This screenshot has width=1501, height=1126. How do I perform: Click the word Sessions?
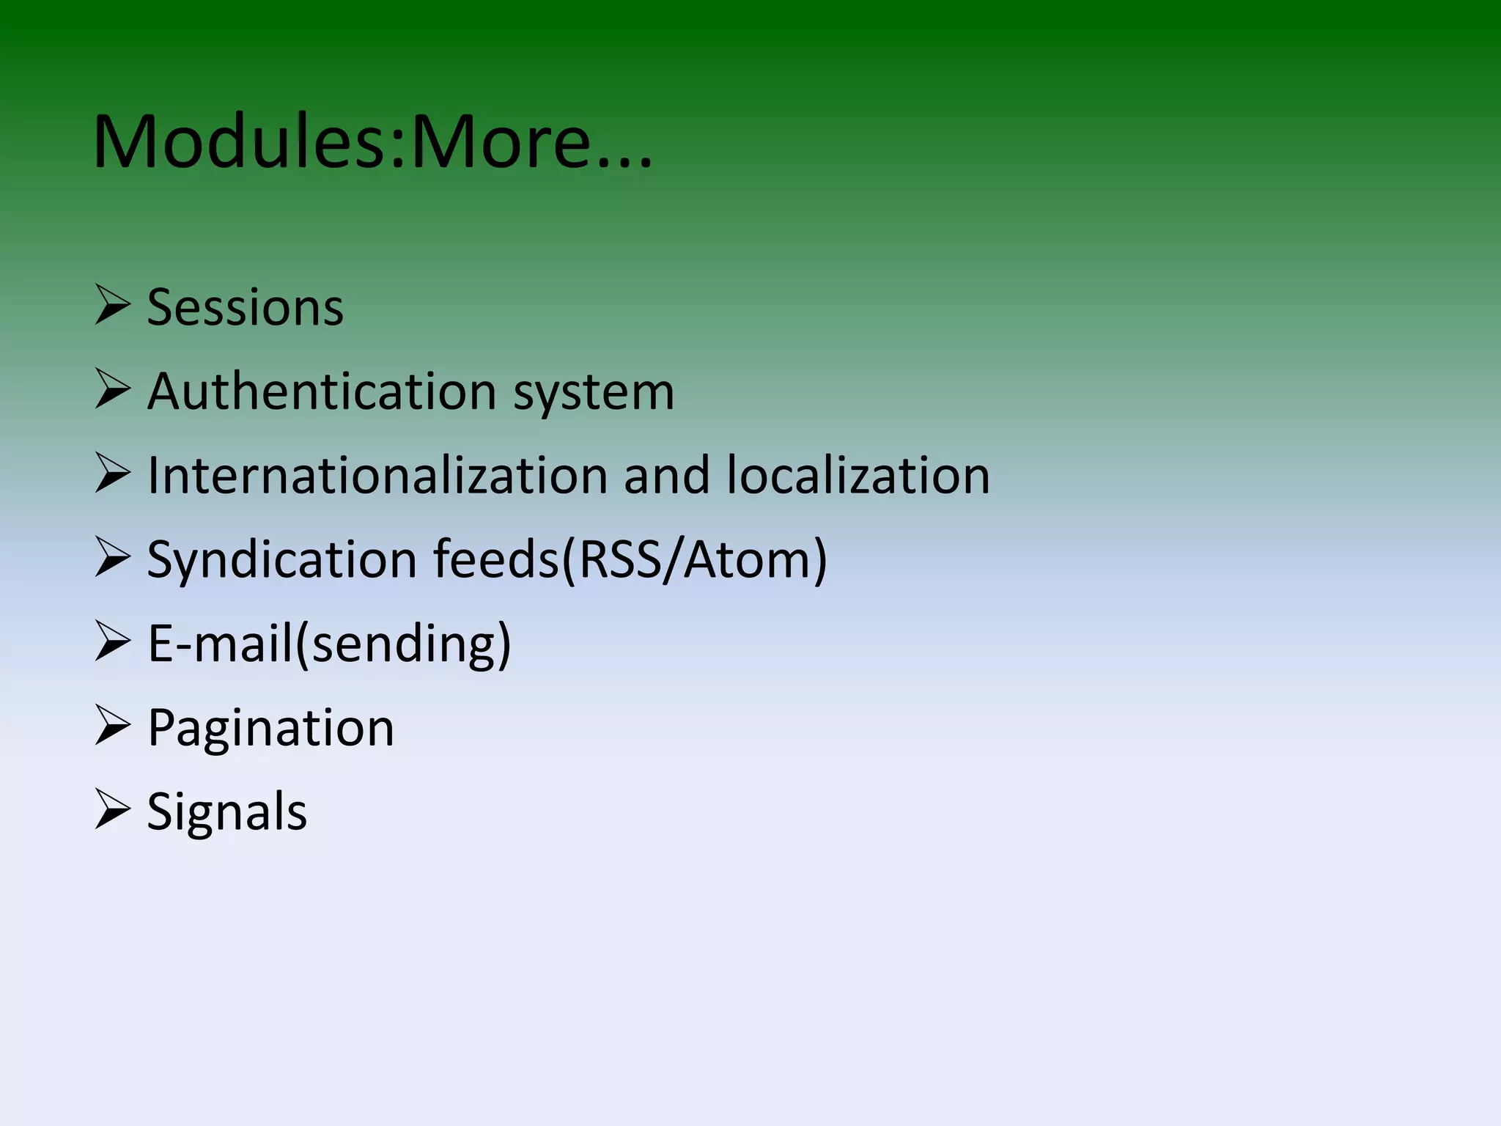point(245,307)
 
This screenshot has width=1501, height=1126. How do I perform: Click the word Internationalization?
point(377,475)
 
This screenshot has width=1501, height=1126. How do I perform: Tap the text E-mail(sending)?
point(328,644)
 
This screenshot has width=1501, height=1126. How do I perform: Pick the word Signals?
point(226,813)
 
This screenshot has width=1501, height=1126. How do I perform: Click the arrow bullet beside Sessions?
point(112,306)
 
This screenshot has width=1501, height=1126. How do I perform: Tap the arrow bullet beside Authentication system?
point(112,389)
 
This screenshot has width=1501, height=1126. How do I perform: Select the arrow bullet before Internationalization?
point(112,474)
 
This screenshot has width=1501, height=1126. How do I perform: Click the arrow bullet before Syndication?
point(112,558)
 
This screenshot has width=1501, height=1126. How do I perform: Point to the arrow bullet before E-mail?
point(112,642)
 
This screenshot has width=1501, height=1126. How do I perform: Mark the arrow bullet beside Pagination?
point(112,726)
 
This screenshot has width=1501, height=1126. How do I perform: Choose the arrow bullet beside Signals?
point(112,810)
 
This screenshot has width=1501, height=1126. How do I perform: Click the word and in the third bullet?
point(666,475)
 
